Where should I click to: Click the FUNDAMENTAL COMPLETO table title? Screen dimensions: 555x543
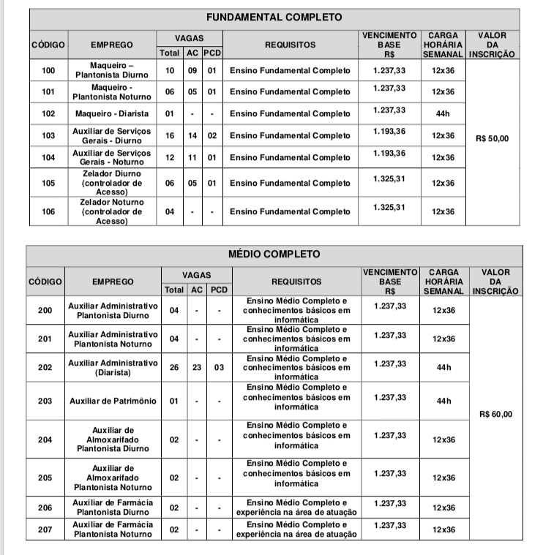point(274,18)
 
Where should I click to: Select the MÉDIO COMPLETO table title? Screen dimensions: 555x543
point(274,254)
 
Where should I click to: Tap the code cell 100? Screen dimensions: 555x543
point(49,70)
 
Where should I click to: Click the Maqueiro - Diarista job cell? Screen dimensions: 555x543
point(112,113)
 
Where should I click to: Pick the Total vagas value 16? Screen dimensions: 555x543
point(170,136)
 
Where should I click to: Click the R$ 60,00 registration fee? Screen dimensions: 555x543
point(495,414)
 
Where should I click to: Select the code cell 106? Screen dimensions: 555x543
point(49,212)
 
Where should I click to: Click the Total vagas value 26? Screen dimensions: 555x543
point(173,367)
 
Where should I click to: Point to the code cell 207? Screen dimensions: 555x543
point(45,530)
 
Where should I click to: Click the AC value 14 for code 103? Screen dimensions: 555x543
point(192,136)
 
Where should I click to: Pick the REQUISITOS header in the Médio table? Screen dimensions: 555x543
point(296,282)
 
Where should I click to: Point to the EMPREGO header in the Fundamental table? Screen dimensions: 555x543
point(112,45)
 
